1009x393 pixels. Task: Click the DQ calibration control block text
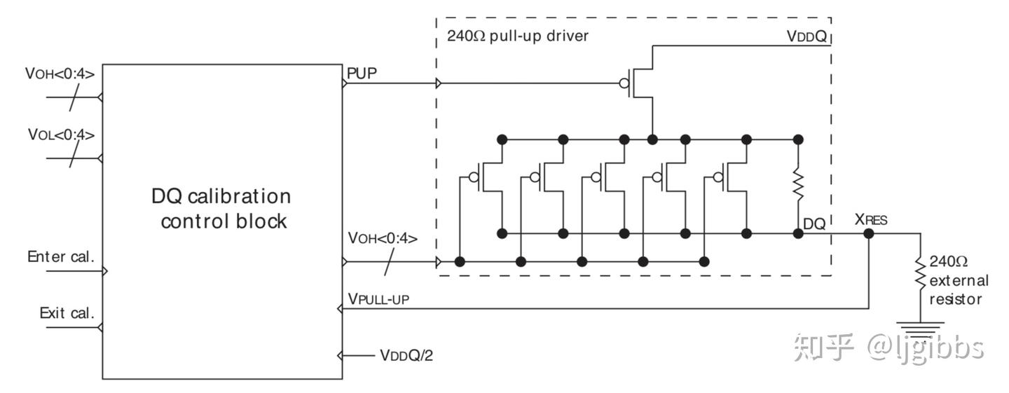(x=221, y=208)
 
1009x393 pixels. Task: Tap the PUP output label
(x=362, y=71)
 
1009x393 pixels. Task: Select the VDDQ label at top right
(x=806, y=36)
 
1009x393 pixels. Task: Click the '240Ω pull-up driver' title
(x=518, y=36)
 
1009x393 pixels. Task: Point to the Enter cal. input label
(x=60, y=256)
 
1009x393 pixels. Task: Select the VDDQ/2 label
(x=406, y=355)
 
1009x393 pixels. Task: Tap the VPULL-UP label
(x=378, y=299)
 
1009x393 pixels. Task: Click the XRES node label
(x=870, y=220)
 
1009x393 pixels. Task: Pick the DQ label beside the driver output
(x=814, y=225)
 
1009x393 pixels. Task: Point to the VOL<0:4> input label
(x=61, y=134)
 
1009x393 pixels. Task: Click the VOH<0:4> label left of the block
(x=60, y=73)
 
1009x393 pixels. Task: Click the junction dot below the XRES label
(x=869, y=233)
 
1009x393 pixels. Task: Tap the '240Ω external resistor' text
(x=958, y=280)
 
